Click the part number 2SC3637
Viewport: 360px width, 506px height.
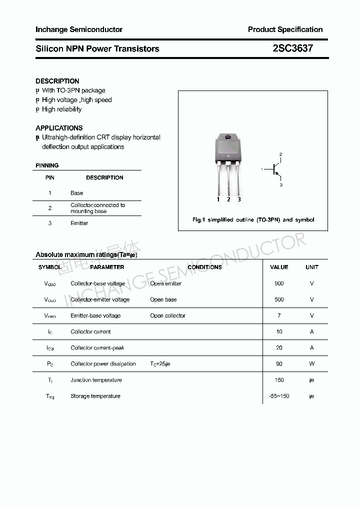[293, 48]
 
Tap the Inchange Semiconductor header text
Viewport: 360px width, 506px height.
[79, 29]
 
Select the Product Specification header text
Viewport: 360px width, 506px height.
[285, 29]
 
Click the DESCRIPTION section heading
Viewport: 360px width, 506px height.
[57, 81]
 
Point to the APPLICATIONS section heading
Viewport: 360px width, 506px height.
[59, 128]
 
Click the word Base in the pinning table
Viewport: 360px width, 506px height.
[77, 193]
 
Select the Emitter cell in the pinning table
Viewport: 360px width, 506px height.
[79, 223]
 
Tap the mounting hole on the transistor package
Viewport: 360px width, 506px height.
[228, 137]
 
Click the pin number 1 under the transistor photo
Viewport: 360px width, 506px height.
[218, 199]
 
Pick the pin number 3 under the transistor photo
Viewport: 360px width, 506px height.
[239, 199]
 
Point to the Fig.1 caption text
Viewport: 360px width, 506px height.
[253, 220]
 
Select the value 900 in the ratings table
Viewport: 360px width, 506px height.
[279, 283]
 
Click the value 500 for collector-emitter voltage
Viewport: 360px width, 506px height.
[279, 299]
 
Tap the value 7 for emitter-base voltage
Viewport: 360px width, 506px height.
[279, 315]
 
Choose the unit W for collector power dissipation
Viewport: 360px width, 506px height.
[311, 364]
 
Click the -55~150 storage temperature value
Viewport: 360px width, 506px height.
[279, 396]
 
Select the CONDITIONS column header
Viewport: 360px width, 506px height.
[204, 267]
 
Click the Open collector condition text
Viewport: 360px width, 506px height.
[167, 315]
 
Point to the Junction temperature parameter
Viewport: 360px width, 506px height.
[96, 380]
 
